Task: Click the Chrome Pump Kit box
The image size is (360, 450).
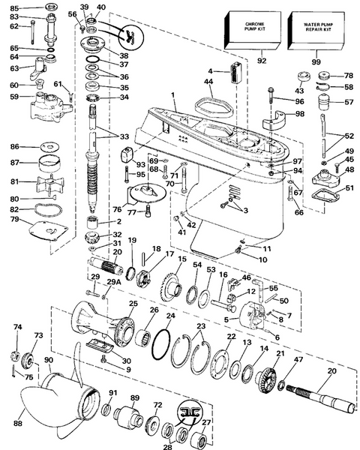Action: pyautogui.click(x=253, y=31)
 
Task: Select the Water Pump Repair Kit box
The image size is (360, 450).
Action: pyautogui.click(x=316, y=31)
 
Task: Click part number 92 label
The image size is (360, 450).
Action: pyautogui.click(x=262, y=61)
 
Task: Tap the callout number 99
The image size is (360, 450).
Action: pyautogui.click(x=316, y=61)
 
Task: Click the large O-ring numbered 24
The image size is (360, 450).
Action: pyautogui.click(x=161, y=344)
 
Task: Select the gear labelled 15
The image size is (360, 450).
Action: pyautogui.click(x=172, y=288)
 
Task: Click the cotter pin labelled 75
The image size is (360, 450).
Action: pyautogui.click(x=13, y=371)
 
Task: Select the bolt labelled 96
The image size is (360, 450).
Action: pyautogui.click(x=271, y=95)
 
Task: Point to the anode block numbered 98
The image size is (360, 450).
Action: pyautogui.click(x=275, y=119)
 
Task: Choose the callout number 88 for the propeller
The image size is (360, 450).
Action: pyautogui.click(x=18, y=423)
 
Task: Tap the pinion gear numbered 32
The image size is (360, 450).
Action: pyautogui.click(x=92, y=237)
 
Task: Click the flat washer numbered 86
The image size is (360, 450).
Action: pyautogui.click(x=49, y=147)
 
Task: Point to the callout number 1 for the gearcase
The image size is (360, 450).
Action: pyautogui.click(x=172, y=94)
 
